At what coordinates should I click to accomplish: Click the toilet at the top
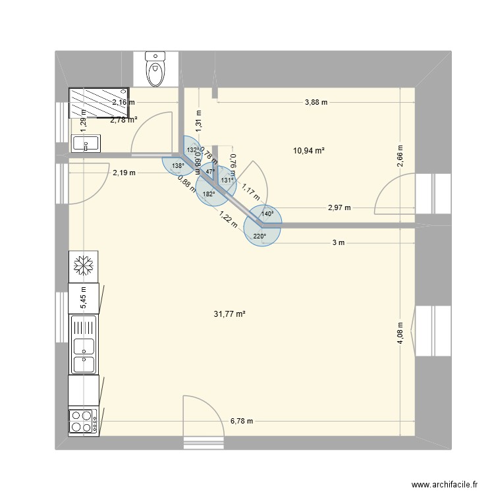pos(157,70)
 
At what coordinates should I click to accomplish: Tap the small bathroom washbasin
pos(84,143)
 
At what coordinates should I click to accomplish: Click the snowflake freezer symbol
pos(84,265)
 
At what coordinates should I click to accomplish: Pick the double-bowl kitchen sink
pos(84,346)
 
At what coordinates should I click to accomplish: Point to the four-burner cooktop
pos(84,421)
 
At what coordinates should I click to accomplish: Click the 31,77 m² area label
pos(229,314)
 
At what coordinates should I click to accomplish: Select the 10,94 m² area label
pos(309,151)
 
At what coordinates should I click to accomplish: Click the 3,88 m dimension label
pos(316,102)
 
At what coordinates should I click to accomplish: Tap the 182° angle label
pos(209,194)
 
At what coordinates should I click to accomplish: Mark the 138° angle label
pos(177,166)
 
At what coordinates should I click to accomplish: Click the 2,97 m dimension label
pos(339,207)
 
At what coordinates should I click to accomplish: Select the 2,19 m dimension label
pos(124,173)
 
